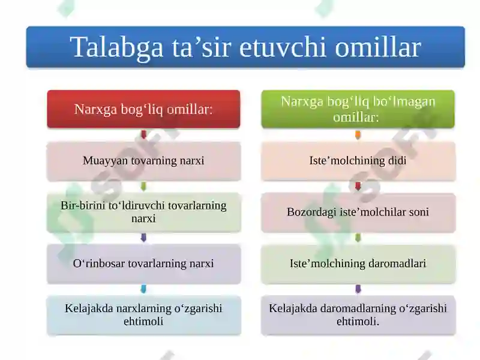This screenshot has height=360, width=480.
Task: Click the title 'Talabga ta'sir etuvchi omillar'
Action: pos(245,47)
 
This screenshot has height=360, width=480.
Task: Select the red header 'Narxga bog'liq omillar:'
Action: pos(143,109)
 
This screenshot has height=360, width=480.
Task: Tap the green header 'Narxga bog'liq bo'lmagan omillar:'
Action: pos(358,109)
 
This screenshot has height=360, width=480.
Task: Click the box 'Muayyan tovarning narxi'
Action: pos(143,161)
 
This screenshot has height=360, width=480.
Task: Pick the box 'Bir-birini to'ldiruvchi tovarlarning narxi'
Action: pos(143,212)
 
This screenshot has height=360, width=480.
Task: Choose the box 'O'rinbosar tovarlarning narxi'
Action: pos(143,263)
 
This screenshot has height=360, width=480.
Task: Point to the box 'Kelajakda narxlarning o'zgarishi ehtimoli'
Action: pos(143,315)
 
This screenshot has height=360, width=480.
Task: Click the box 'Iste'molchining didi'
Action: pos(358,161)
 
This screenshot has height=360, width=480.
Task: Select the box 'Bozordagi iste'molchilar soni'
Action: pos(358,212)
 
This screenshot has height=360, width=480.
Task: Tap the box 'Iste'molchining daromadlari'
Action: pos(358,263)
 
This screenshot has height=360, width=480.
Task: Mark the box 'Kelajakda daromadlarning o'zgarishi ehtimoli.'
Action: pos(358,315)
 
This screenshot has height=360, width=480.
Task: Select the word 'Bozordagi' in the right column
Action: pos(310,212)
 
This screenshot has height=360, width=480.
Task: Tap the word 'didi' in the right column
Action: pos(397,161)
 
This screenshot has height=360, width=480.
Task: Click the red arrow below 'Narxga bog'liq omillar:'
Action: pos(143,135)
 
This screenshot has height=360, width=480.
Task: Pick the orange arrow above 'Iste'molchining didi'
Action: pos(358,135)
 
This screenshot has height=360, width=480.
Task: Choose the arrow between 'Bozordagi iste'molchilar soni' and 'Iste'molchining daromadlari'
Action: pos(358,238)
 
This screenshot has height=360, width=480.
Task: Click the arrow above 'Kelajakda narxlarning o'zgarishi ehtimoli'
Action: pos(143,289)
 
